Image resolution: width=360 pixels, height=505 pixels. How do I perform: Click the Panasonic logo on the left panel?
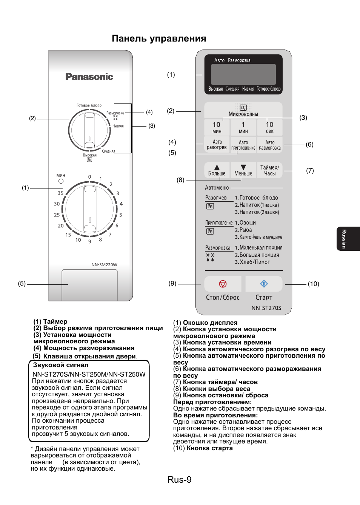tap(89, 77)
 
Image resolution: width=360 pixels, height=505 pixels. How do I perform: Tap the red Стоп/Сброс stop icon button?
tap(223, 284)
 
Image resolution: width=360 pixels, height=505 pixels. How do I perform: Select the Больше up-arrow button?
tap(217, 170)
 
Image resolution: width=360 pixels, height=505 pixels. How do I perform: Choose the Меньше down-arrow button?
tap(243, 170)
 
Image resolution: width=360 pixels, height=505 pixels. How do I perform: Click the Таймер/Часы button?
tap(269, 170)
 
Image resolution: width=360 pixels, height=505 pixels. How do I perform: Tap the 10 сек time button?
tap(269, 127)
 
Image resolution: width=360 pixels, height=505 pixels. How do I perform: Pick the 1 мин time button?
tap(243, 127)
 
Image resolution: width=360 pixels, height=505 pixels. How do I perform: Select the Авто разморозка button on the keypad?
tap(269, 145)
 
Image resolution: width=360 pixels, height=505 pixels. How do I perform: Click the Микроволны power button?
tap(243, 110)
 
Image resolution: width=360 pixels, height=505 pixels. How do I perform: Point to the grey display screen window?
tap(243, 74)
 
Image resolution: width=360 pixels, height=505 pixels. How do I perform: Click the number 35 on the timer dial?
tap(60, 193)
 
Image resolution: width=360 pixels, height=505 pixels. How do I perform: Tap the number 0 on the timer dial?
tap(89, 177)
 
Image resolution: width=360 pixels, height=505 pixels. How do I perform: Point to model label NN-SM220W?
tap(104, 265)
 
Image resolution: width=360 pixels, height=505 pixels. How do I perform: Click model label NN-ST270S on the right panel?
tap(266, 308)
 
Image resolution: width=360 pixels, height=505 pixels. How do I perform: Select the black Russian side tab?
tap(348, 239)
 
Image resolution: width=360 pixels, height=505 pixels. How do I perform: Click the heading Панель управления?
tap(159, 39)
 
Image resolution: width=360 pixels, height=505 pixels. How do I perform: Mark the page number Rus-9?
tap(180, 480)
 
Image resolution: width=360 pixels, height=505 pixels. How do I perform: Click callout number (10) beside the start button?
tap(313, 284)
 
